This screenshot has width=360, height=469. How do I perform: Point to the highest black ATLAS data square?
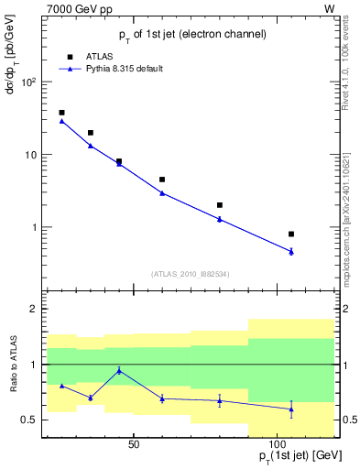click(61, 113)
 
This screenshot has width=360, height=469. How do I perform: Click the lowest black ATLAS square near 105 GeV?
click(291, 234)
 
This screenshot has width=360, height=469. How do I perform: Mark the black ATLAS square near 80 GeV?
click(220, 205)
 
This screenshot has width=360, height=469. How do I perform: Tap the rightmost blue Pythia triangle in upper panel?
click(291, 251)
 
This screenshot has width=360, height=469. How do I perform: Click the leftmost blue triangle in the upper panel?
click(61, 121)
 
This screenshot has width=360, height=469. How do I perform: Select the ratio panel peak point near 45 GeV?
click(119, 370)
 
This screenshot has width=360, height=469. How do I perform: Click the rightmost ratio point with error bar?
click(291, 409)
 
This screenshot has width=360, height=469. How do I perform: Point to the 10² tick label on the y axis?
click(27, 82)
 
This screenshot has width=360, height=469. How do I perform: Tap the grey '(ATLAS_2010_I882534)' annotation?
click(190, 274)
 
